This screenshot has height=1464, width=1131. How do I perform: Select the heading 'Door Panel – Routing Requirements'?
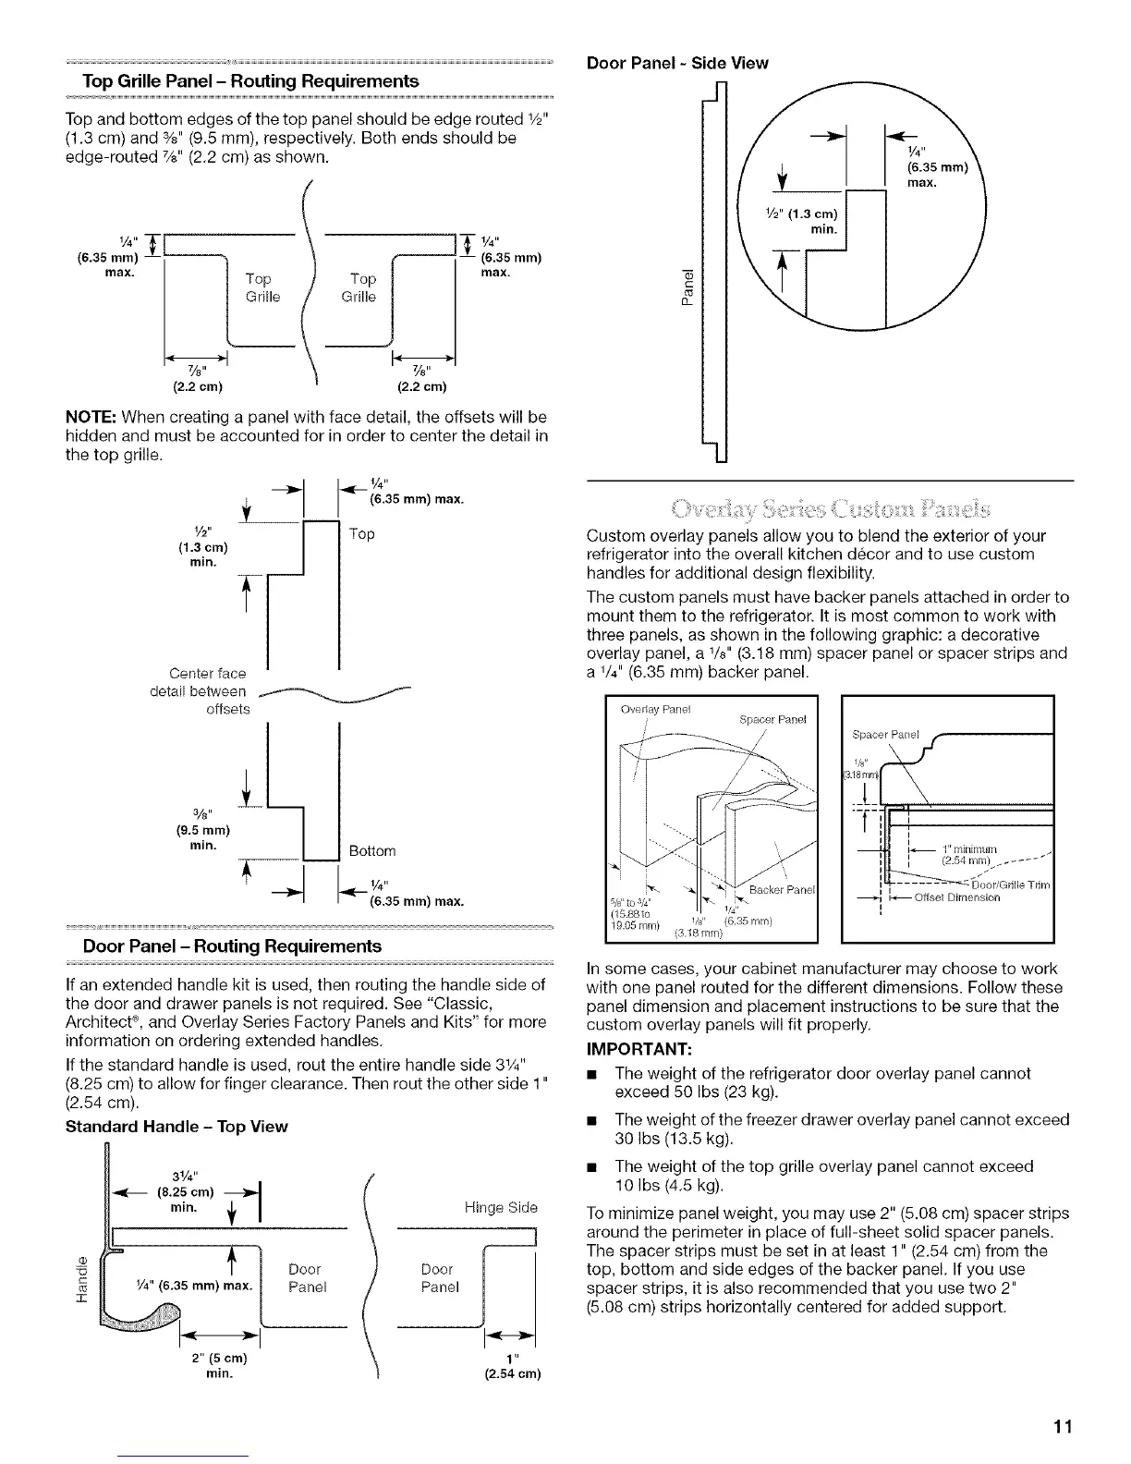(232, 946)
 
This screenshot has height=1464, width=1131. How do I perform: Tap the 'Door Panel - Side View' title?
(677, 63)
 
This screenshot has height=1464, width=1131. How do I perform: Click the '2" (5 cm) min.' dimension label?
(219, 1366)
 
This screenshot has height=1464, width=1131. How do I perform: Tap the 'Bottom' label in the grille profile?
(372, 850)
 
